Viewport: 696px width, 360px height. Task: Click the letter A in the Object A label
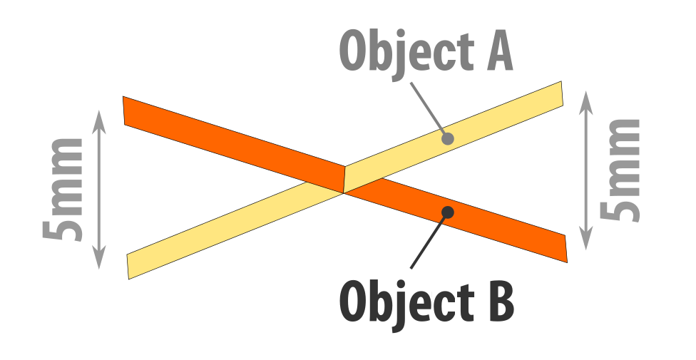pyautogui.click(x=500, y=52)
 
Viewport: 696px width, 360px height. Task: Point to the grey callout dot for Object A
pyautogui.click(x=447, y=138)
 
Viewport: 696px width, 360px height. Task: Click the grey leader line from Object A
pyautogui.click(x=427, y=108)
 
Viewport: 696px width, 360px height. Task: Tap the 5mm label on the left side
pyautogui.click(x=63, y=190)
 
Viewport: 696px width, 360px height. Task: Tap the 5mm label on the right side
pyautogui.click(x=620, y=170)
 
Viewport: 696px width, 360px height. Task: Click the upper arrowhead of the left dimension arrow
pyautogui.click(x=99, y=120)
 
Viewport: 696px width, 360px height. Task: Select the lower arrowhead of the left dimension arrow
pyautogui.click(x=99, y=258)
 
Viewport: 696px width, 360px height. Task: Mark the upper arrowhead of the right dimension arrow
pyautogui.click(x=586, y=103)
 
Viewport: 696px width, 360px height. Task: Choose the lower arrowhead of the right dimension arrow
pyautogui.click(x=586, y=238)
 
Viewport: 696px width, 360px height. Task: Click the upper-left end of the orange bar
pyautogui.click(x=123, y=110)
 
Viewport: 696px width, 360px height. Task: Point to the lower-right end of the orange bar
pyautogui.click(x=566, y=249)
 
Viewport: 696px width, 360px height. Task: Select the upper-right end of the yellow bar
pyautogui.click(x=562, y=93)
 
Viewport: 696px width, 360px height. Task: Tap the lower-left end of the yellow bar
pyautogui.click(x=128, y=267)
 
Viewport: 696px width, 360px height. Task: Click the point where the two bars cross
pyautogui.click(x=344, y=180)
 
